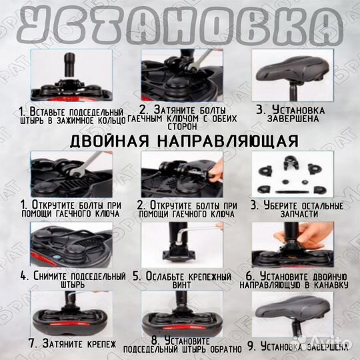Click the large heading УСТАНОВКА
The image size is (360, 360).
[x=179, y=26]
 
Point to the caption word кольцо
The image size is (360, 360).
[x=109, y=120]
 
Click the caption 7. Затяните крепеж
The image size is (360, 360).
[x=63, y=344]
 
